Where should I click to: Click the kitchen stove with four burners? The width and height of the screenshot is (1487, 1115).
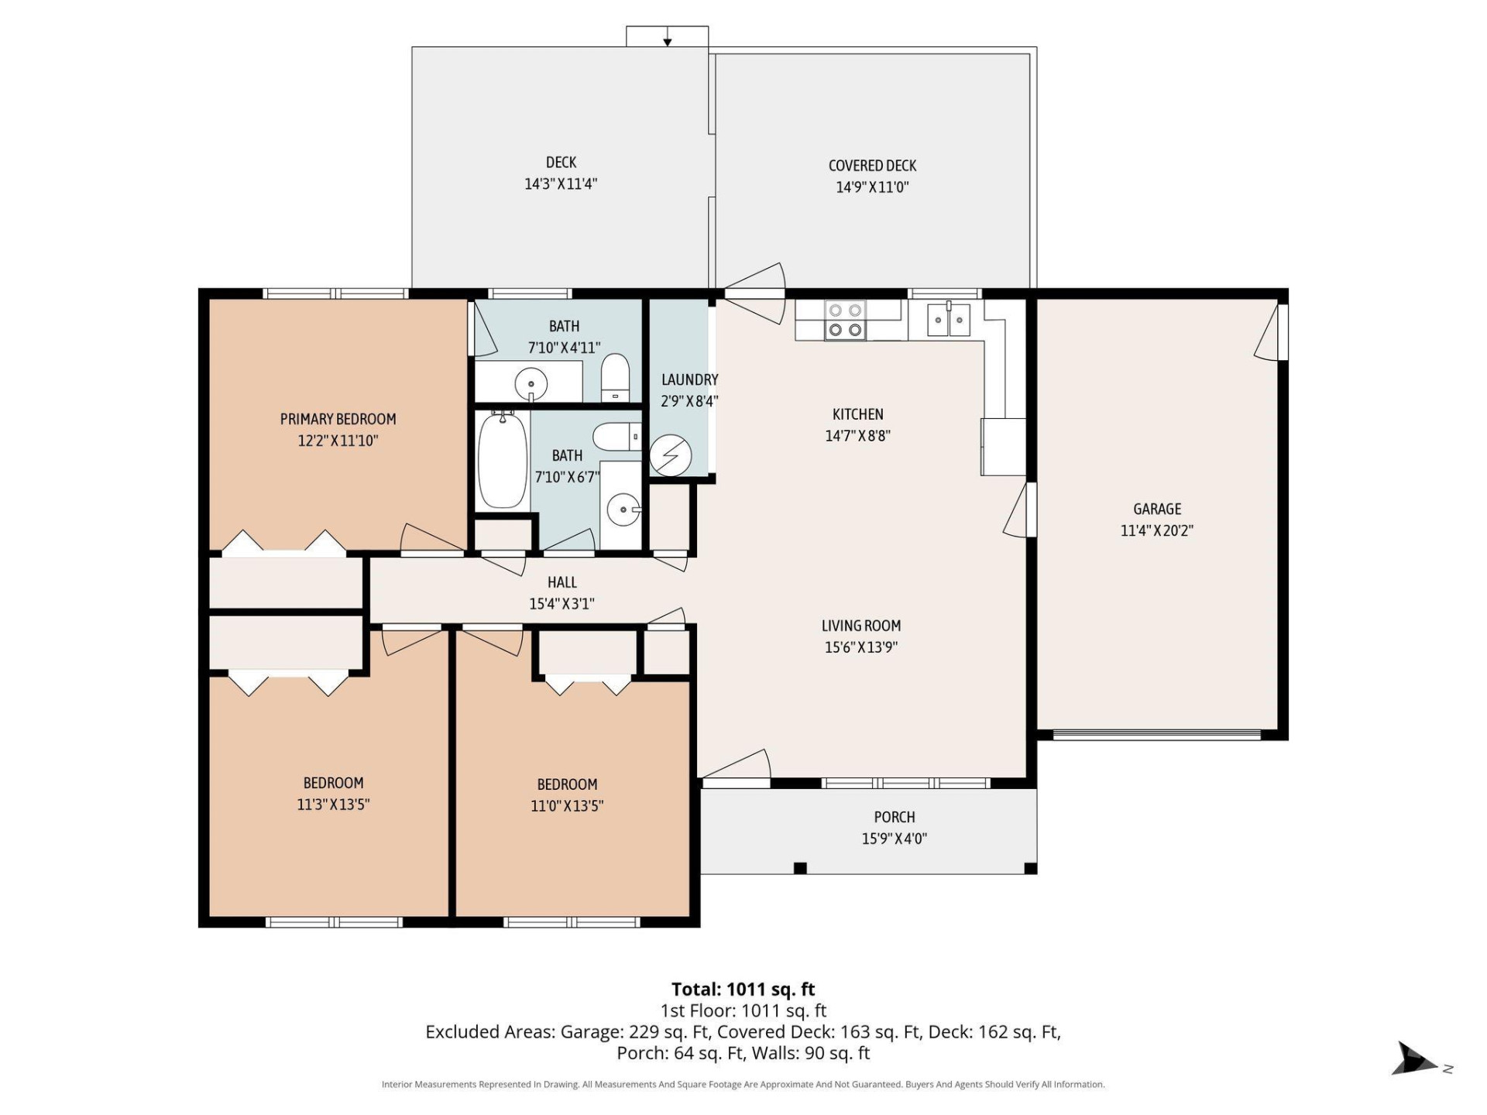[x=845, y=321]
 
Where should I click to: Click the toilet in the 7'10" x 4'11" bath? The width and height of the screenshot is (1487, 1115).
[x=616, y=377]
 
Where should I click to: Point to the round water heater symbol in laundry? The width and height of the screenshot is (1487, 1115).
[x=670, y=455]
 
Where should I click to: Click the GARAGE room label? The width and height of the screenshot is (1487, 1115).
[x=1157, y=509]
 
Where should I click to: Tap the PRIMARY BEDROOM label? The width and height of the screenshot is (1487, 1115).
[x=338, y=419]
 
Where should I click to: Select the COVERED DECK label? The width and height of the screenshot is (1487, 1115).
[x=872, y=166]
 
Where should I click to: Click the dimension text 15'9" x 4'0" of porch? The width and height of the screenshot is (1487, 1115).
[x=894, y=839]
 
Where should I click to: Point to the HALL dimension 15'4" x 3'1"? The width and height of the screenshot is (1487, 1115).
[x=561, y=604]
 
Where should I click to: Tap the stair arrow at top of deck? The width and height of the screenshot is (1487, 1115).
[x=667, y=39]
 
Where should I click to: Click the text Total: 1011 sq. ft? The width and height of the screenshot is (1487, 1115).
[x=743, y=990]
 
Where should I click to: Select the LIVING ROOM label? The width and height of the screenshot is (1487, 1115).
[x=860, y=626]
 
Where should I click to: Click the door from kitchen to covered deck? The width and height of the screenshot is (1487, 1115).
[x=755, y=293]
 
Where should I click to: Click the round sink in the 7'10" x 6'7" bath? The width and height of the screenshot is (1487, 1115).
[x=622, y=509]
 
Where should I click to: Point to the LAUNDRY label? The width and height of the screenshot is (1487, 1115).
[x=689, y=379]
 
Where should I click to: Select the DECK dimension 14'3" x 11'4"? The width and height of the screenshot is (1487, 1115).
[x=561, y=184]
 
